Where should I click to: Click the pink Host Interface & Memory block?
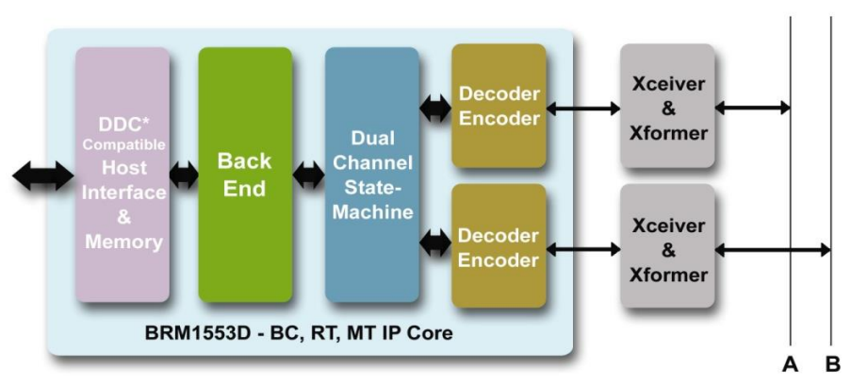[123, 176]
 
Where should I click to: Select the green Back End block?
[244, 176]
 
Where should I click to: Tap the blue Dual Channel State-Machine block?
[371, 176]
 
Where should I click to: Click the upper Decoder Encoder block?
[499, 106]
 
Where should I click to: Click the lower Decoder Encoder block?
[499, 246]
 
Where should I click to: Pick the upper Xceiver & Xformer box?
[668, 107]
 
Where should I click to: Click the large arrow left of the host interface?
[43, 176]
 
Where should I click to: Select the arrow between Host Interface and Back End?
[184, 176]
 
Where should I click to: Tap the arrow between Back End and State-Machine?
[308, 176]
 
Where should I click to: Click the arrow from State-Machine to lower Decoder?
[435, 245]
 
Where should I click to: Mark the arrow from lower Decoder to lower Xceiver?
[582, 249]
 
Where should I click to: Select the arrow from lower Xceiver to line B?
[773, 249]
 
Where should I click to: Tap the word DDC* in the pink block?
[123, 126]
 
